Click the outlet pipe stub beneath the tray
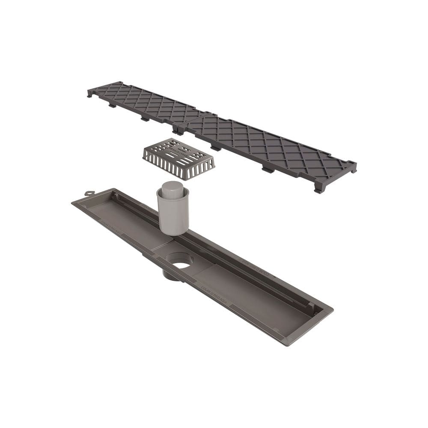[170, 275]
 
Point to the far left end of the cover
[91, 92]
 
